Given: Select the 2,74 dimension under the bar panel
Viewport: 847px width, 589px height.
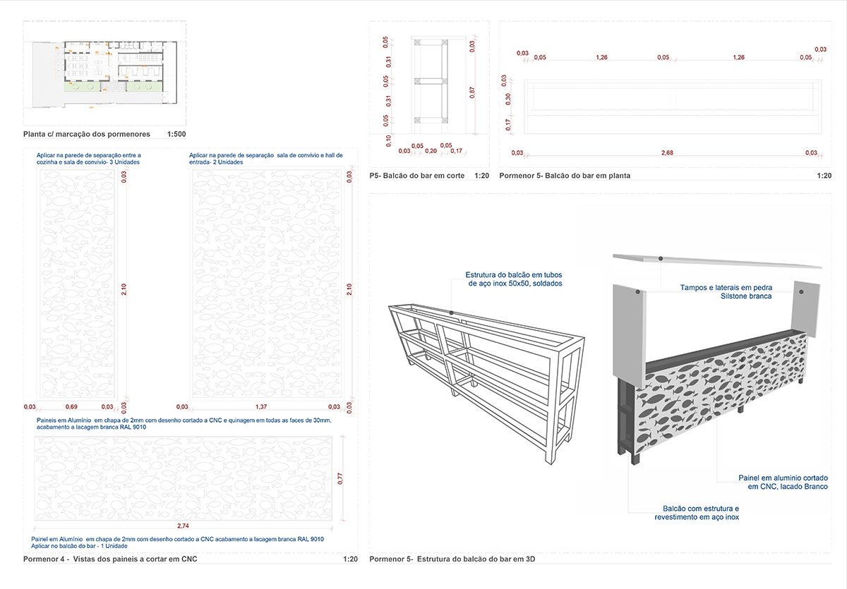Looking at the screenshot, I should pos(182,526).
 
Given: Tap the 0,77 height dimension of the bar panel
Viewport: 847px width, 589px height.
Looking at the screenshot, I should pos(340,478).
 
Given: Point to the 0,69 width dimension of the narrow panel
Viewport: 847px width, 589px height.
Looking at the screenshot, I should pos(71,407).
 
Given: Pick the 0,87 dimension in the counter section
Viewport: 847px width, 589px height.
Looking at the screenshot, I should pos(471,91).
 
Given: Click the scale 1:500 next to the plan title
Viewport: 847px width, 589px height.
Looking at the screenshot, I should pos(176,133).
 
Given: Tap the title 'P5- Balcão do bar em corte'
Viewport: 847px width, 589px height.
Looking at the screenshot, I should pos(416,175).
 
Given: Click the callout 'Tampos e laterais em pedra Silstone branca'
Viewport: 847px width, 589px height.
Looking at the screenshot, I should pos(726,292).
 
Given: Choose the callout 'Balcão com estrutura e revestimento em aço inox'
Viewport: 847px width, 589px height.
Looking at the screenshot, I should pos(697,512).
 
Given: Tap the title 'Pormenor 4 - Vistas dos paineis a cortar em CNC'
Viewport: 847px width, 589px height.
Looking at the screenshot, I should pos(110,559).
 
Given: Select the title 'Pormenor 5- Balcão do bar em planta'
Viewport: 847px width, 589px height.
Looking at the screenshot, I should pos(565,175).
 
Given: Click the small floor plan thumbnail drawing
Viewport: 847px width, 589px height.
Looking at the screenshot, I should pos(106,71).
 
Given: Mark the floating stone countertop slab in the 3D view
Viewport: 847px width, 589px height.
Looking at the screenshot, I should pos(716,261).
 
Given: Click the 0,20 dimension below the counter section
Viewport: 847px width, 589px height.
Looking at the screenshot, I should pos(431,151).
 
